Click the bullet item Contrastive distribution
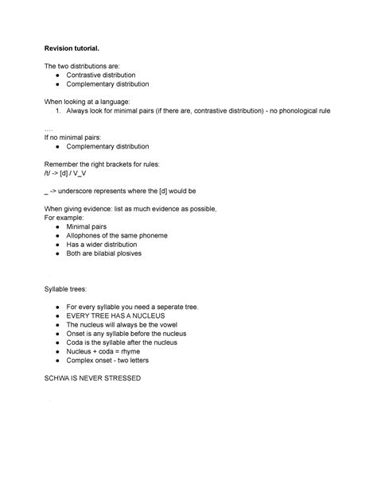[111, 74]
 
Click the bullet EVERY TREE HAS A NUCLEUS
[115, 315]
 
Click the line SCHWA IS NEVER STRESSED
[95, 378]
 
